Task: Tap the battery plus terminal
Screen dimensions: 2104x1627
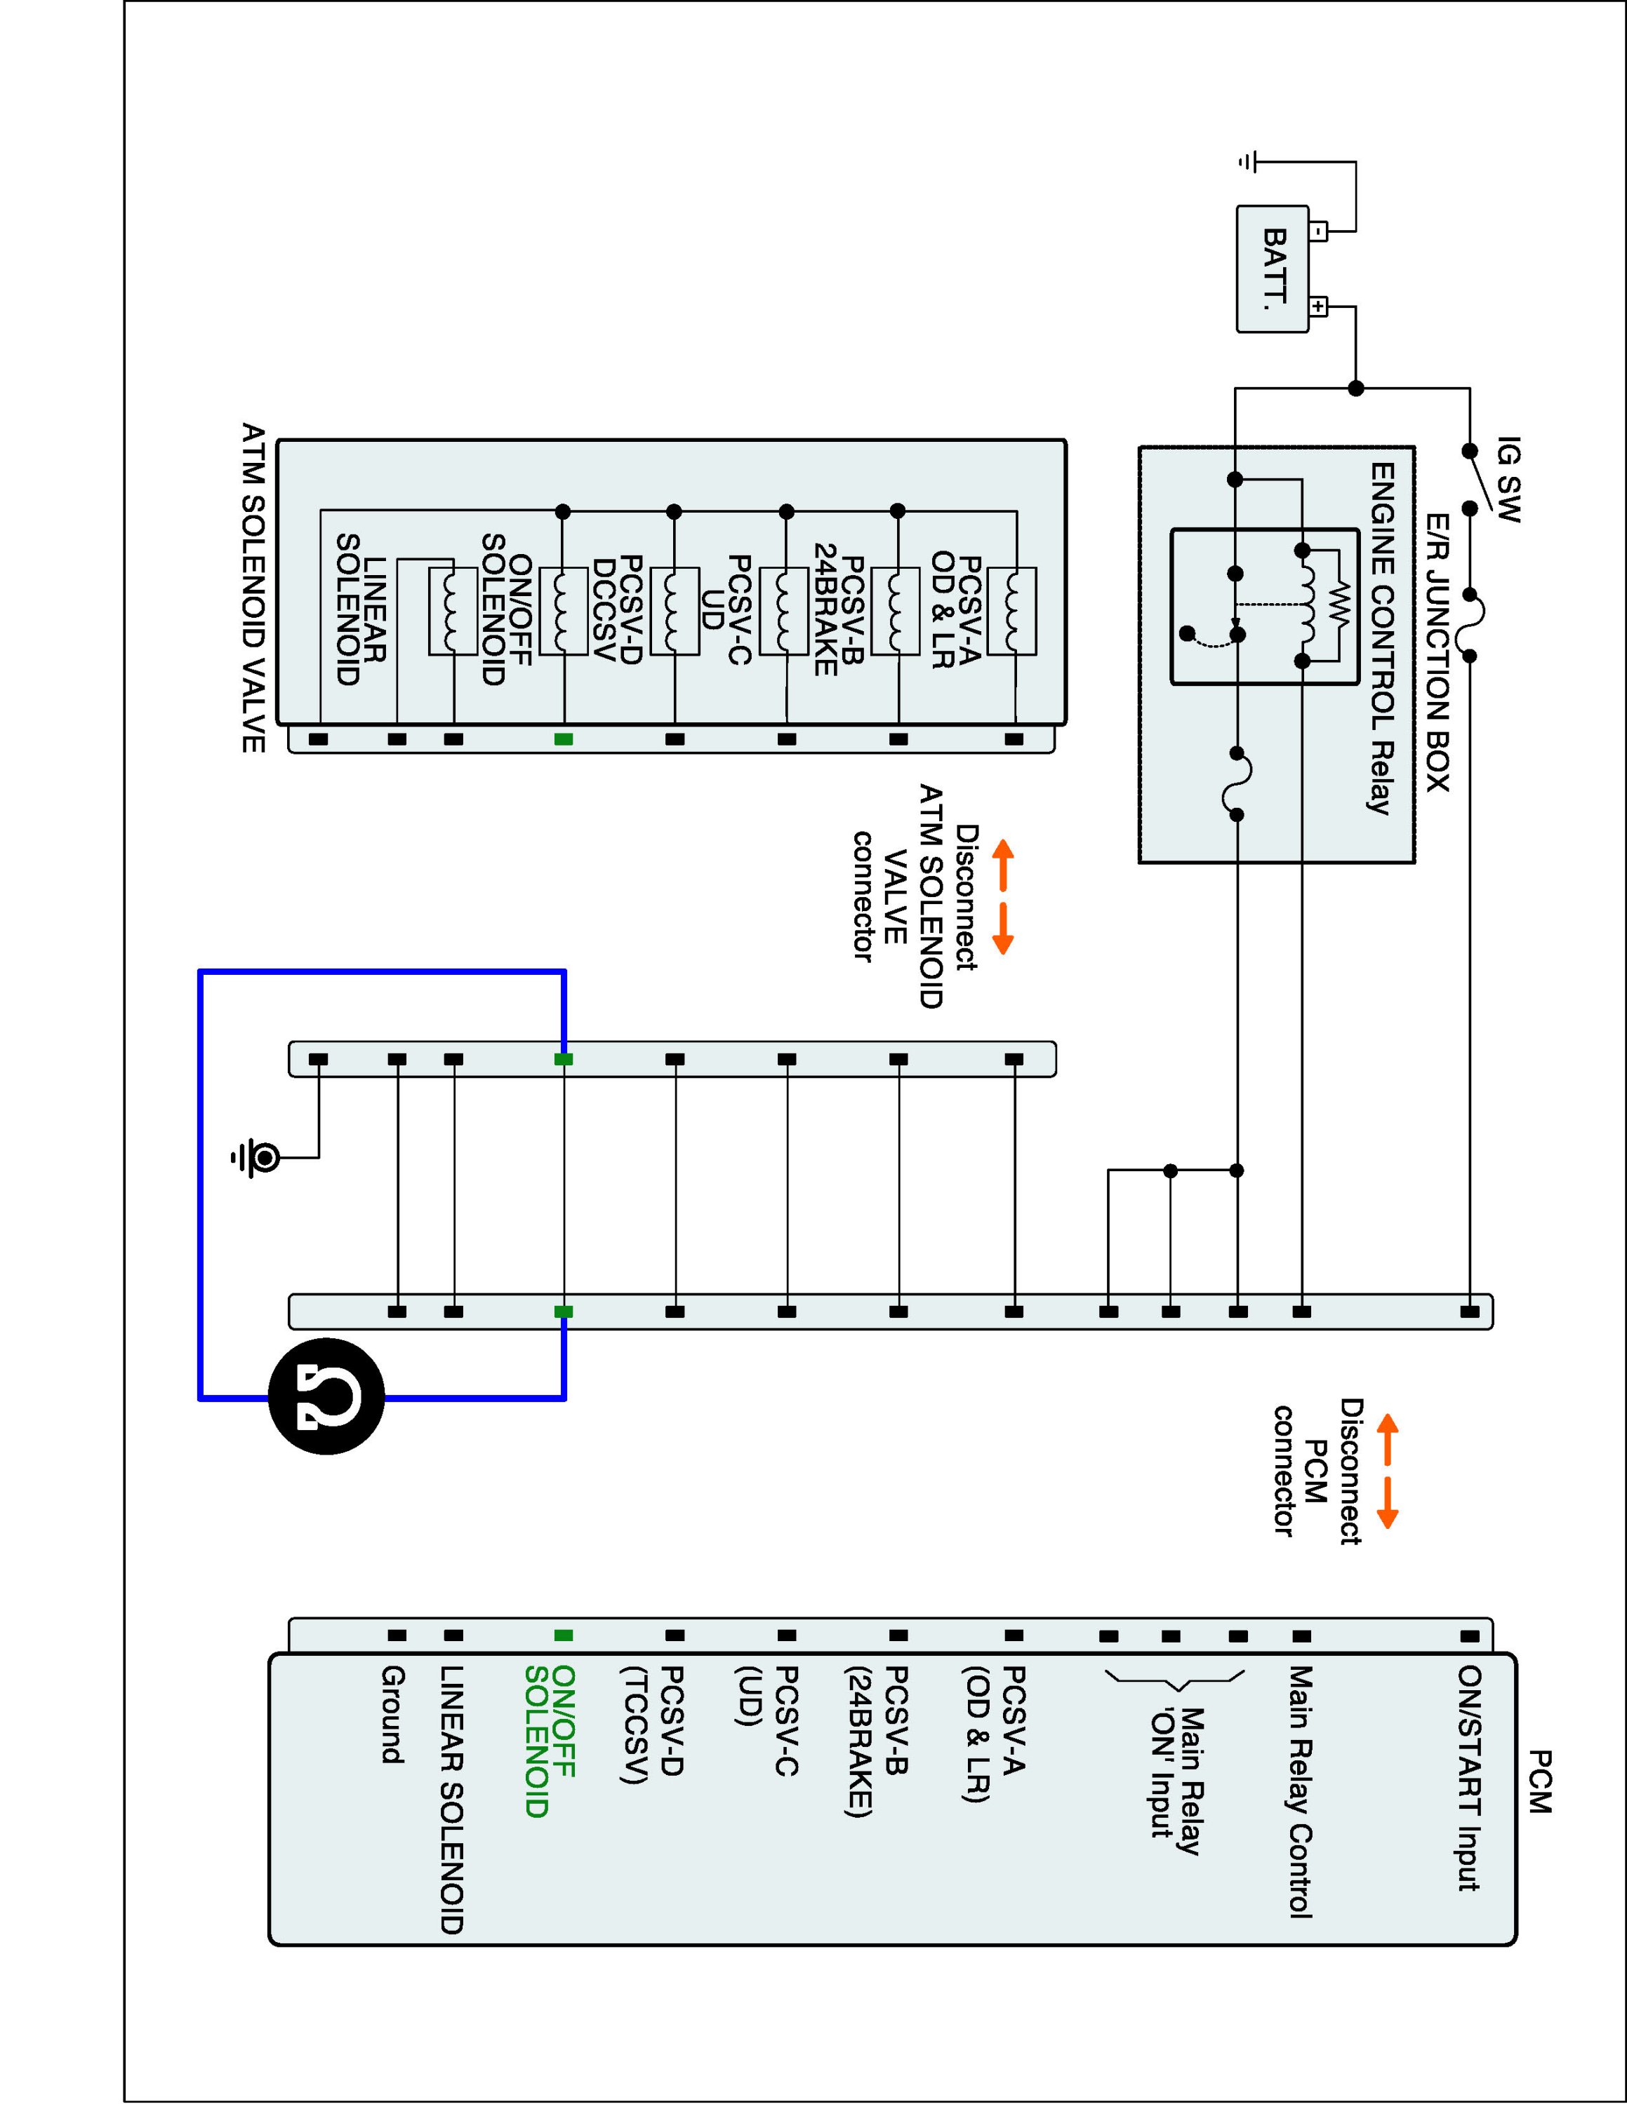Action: [1319, 307]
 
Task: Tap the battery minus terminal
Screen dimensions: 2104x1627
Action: [1319, 231]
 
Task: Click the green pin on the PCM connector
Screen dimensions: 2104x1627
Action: [564, 1635]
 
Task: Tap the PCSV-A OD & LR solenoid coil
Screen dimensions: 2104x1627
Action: [1012, 612]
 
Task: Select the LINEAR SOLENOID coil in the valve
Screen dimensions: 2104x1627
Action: [452, 612]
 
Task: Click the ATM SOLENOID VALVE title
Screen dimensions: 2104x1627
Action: [253, 588]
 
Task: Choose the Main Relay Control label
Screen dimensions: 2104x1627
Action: [1301, 1792]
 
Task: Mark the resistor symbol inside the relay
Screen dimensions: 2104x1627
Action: [1341, 606]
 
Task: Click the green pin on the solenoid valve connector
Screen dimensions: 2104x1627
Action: [564, 739]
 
